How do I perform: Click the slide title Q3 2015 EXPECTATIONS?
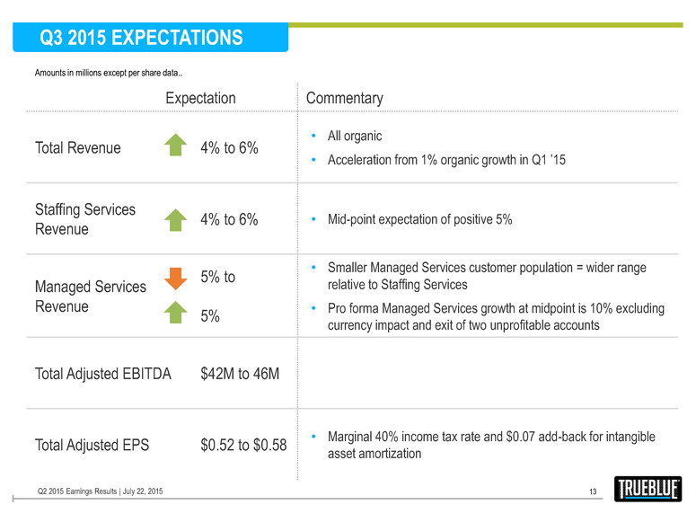tap(141, 38)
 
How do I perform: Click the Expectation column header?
tap(200, 98)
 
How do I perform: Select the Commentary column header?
tap(345, 98)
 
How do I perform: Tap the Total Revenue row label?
tap(77, 148)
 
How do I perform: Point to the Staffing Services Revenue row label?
tap(85, 219)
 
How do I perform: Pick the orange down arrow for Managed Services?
tap(176, 279)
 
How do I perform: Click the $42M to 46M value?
tap(241, 373)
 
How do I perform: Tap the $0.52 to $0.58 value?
tap(243, 445)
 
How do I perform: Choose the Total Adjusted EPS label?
tap(92, 445)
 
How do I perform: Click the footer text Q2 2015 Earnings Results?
tap(100, 491)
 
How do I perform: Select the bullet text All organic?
tap(355, 136)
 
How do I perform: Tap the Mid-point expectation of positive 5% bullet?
tap(419, 219)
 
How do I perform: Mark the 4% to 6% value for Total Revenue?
tap(229, 148)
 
